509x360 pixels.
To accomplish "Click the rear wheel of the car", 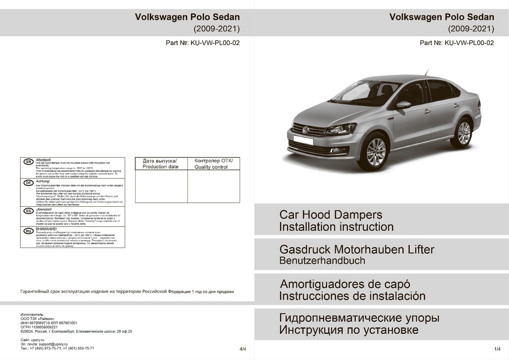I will click(x=464, y=132).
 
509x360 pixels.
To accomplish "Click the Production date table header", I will click(x=161, y=164).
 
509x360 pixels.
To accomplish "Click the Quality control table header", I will click(x=213, y=164).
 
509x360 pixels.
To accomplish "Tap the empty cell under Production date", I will click(x=161, y=186).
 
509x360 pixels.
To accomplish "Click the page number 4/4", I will click(x=243, y=349).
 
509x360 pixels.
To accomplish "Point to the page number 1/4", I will click(x=498, y=349).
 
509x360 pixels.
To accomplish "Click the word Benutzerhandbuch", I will click(x=322, y=261).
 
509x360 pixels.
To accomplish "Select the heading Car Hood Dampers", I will click(x=330, y=214).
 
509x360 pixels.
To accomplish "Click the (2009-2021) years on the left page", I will click(x=217, y=29).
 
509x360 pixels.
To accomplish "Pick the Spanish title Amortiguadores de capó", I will click(x=345, y=284).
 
